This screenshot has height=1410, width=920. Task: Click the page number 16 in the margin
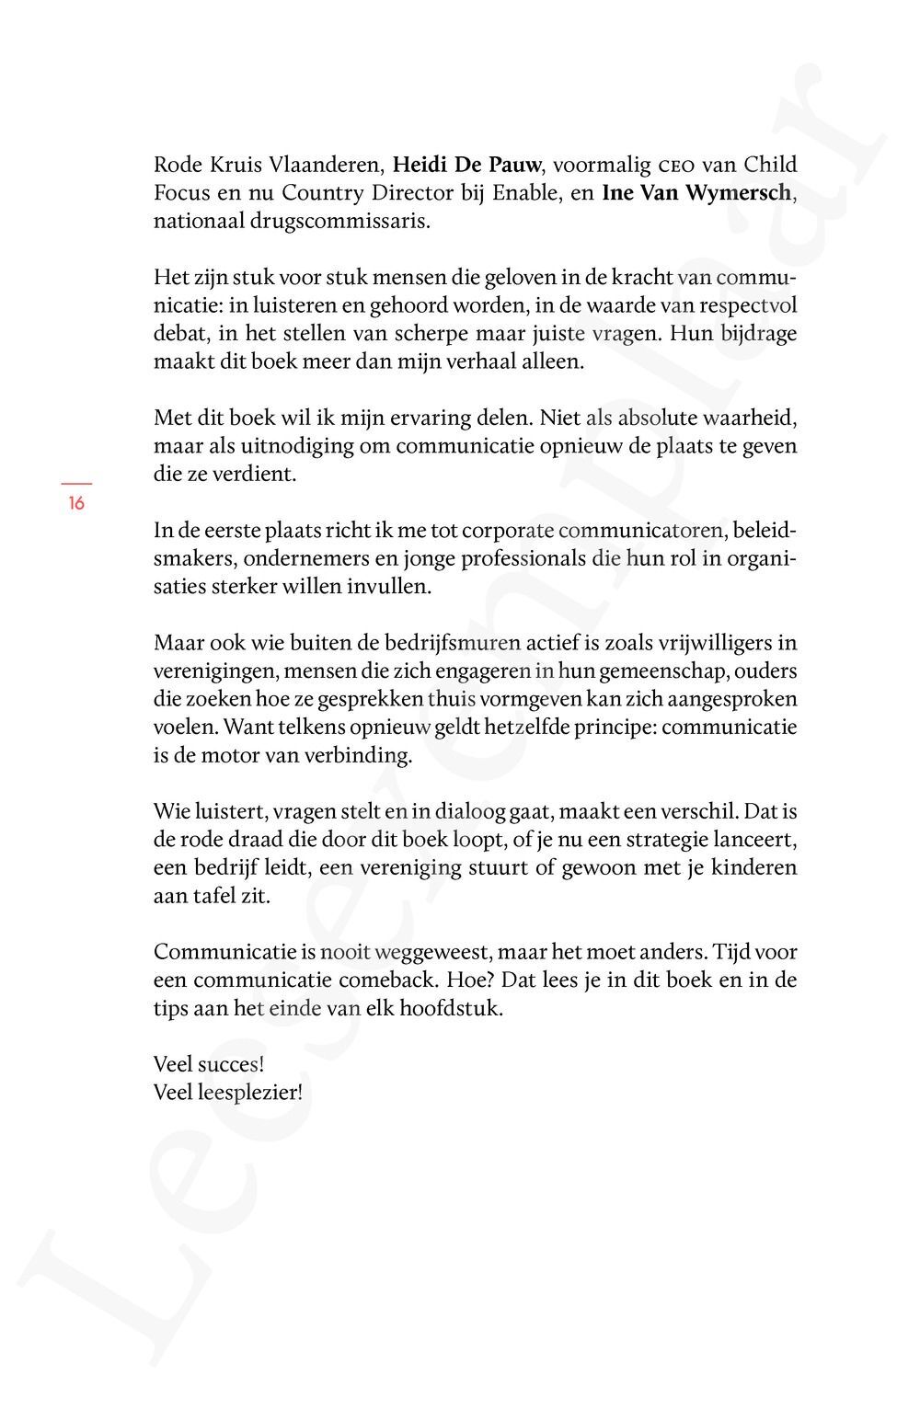[x=76, y=503]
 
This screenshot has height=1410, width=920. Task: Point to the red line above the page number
[x=76, y=483]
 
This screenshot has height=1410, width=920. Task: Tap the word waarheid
[x=750, y=418]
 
